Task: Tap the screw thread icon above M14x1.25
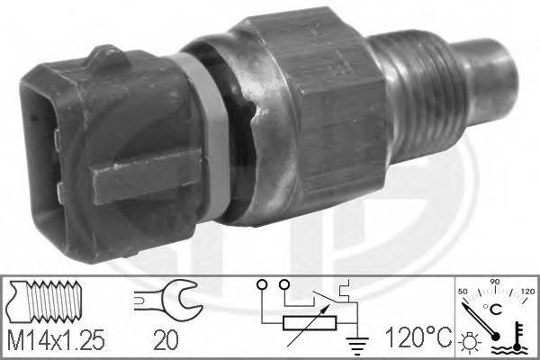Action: tap(50, 300)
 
